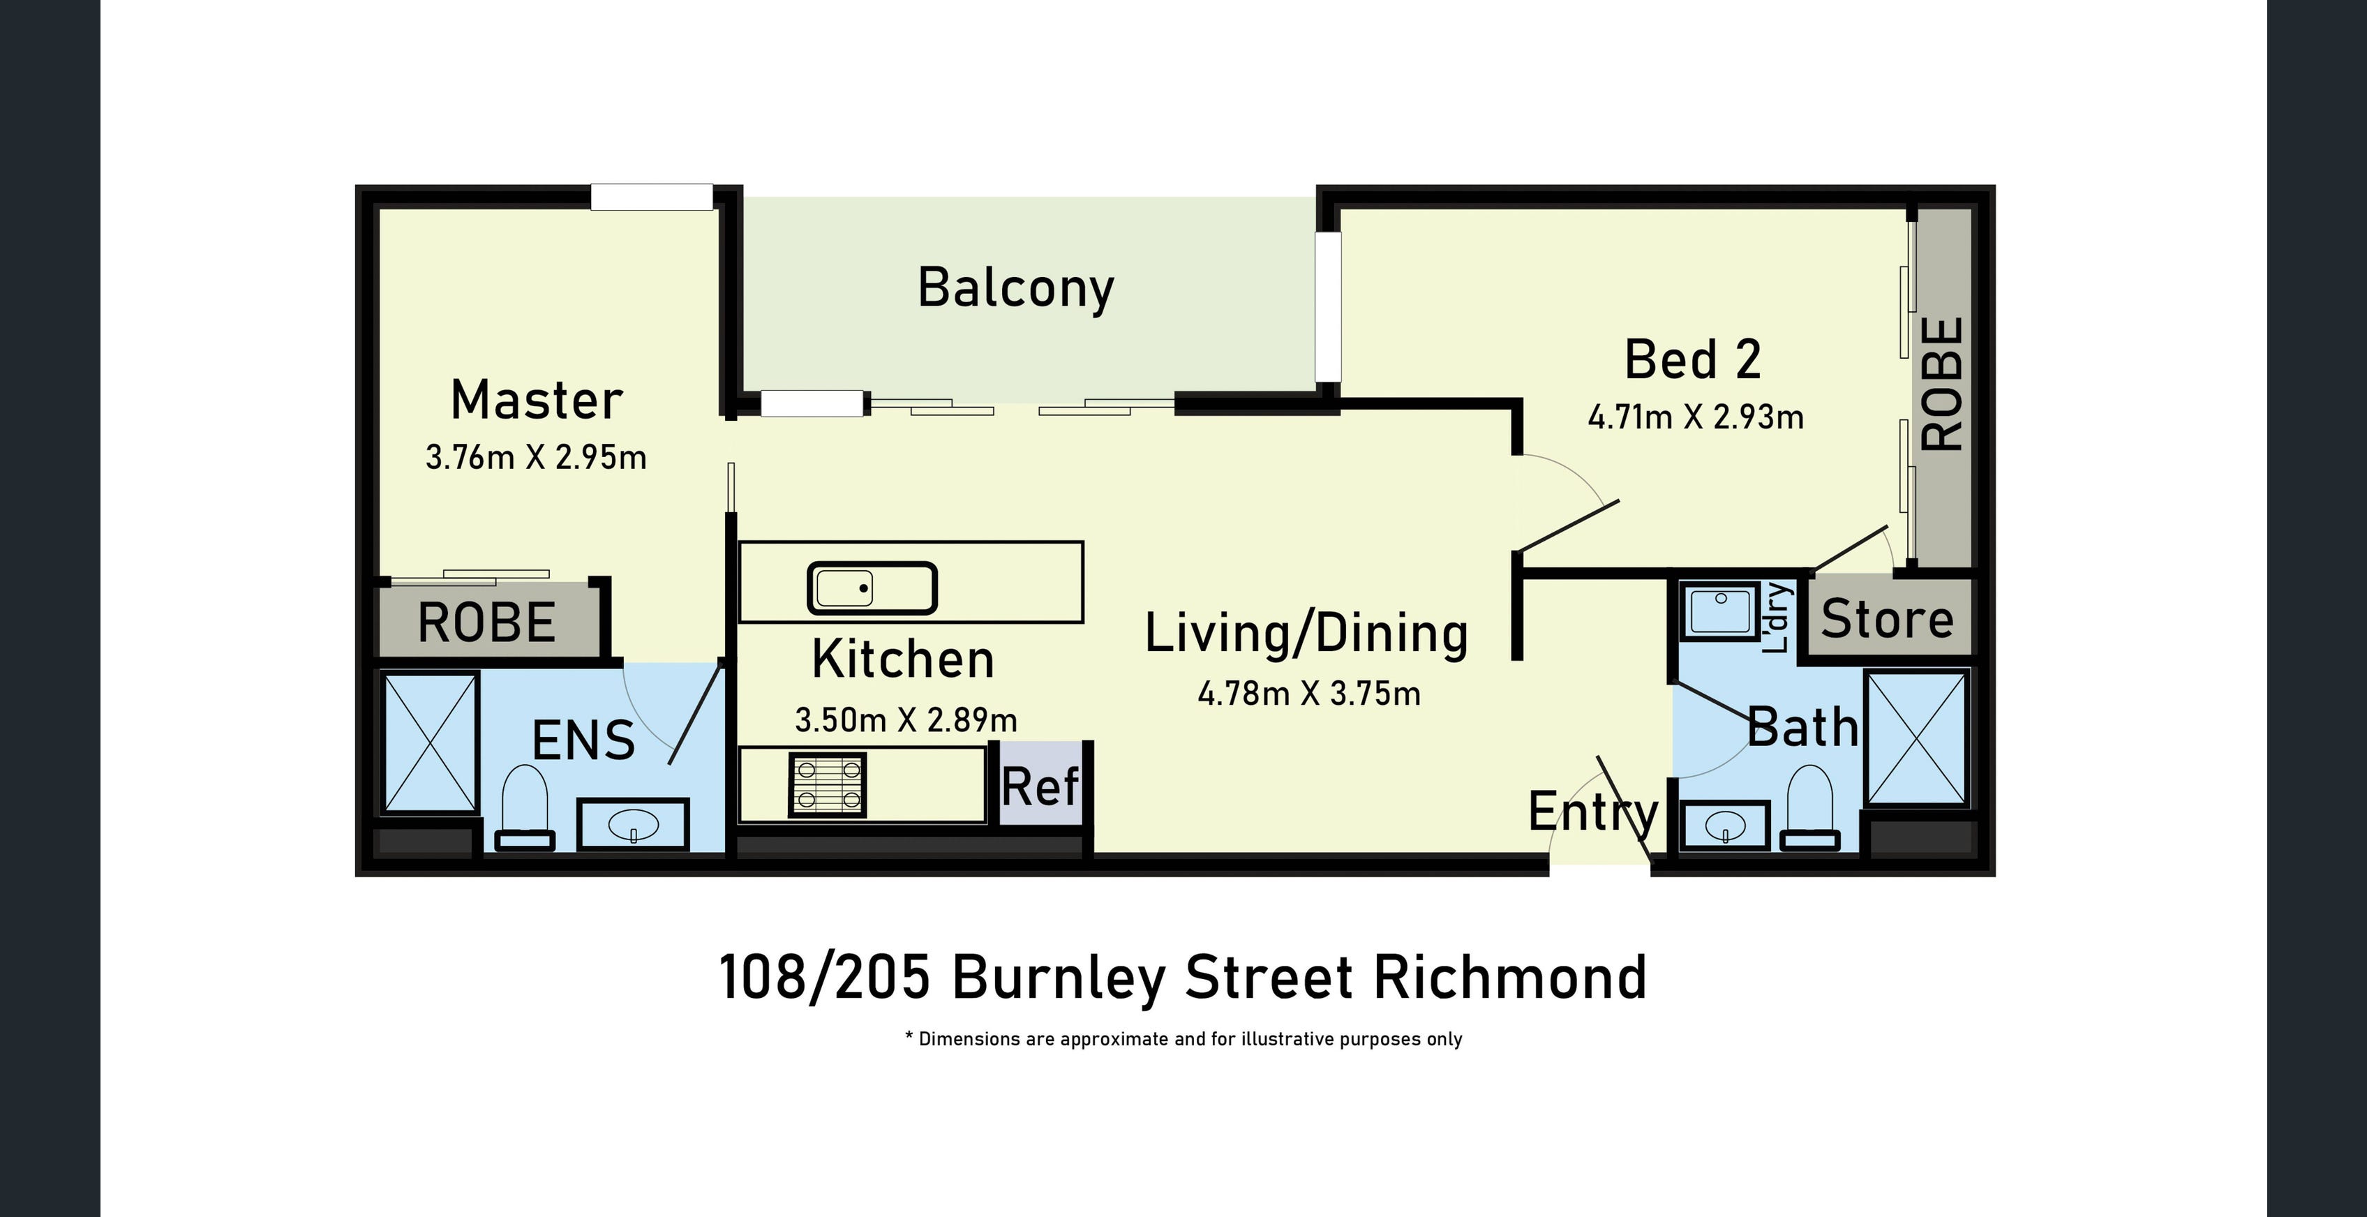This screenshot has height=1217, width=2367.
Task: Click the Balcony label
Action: click(1015, 288)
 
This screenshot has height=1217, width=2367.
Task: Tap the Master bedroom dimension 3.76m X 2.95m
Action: click(536, 457)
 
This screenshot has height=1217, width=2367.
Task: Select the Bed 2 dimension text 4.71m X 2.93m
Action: click(1695, 417)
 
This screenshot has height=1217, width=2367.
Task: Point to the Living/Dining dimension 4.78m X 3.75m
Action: click(1308, 693)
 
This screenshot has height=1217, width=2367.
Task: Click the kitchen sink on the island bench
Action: click(872, 588)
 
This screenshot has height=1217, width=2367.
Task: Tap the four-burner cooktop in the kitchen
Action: click(827, 784)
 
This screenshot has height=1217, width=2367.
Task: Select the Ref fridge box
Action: click(1040, 784)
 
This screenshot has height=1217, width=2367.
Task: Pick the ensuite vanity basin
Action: click(633, 825)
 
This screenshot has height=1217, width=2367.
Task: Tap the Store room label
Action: click(1888, 618)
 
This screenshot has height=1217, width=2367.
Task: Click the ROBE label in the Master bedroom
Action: click(487, 622)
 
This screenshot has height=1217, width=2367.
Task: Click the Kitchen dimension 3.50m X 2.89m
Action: click(906, 719)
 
